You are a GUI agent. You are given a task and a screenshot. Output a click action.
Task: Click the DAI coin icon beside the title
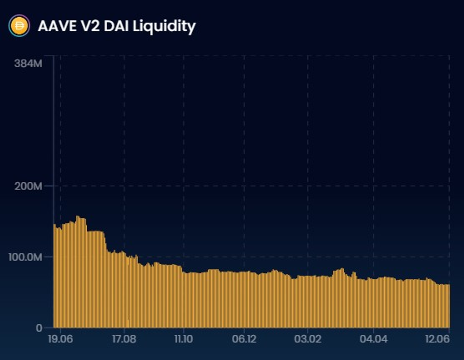tap(19, 26)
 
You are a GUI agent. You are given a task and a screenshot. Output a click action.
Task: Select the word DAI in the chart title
tap(116, 26)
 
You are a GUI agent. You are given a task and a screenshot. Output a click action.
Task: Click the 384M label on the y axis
tap(28, 63)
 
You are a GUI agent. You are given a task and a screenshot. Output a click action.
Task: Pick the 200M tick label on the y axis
tap(28, 186)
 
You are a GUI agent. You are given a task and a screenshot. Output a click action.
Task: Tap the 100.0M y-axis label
tap(25, 257)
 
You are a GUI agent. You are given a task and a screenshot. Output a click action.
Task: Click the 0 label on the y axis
tap(39, 328)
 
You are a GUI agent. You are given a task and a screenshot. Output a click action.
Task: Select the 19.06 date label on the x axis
tap(60, 339)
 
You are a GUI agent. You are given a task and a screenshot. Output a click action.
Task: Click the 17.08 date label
tap(124, 339)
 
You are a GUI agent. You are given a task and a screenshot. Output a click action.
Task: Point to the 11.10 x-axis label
tap(183, 339)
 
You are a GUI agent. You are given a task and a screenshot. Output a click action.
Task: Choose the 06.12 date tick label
tap(244, 339)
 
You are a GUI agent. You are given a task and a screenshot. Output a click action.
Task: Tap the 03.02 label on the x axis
tap(308, 339)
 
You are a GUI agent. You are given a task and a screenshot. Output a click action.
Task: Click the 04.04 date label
tap(373, 339)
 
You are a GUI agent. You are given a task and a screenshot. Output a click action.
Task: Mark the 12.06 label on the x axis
tap(437, 339)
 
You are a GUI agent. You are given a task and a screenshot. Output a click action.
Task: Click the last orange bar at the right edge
tap(449, 306)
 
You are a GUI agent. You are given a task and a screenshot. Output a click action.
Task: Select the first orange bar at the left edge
tap(55, 275)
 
